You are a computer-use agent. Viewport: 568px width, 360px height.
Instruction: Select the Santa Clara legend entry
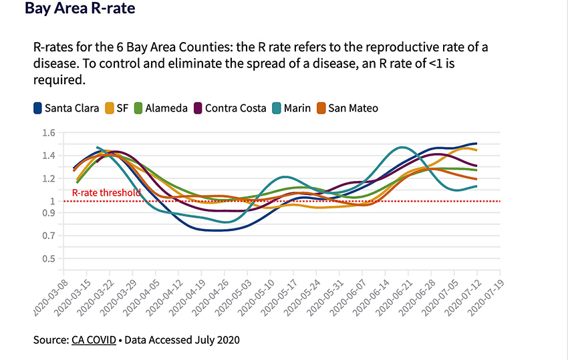click(x=66, y=108)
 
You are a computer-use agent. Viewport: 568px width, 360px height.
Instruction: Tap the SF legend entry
click(x=116, y=108)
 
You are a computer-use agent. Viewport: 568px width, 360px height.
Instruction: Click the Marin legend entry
click(x=292, y=108)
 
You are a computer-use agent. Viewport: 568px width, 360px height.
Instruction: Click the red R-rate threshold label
click(x=106, y=193)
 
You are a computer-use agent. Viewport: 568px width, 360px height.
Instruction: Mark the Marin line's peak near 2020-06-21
click(x=402, y=147)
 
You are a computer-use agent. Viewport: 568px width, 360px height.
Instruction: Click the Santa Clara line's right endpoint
click(x=476, y=144)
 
